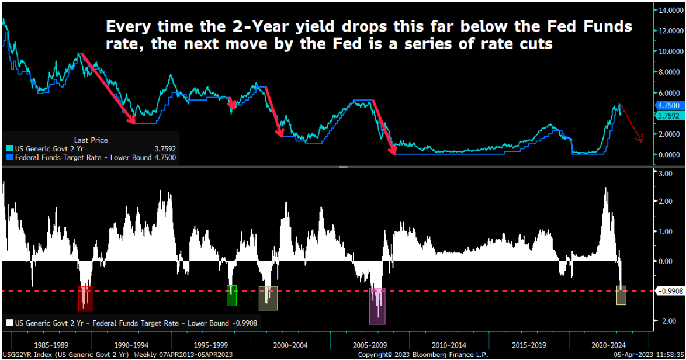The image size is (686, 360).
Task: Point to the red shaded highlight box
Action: [x=85, y=299]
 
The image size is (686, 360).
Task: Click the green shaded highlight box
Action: [x=231, y=295]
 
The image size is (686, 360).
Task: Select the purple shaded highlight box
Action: [x=377, y=306]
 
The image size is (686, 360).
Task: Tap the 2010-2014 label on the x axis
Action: [x=449, y=345]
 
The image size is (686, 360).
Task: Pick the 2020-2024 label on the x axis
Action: [x=607, y=345]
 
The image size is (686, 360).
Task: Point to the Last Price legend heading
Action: [x=91, y=140]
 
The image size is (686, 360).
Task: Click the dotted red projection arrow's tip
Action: [x=641, y=140]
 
